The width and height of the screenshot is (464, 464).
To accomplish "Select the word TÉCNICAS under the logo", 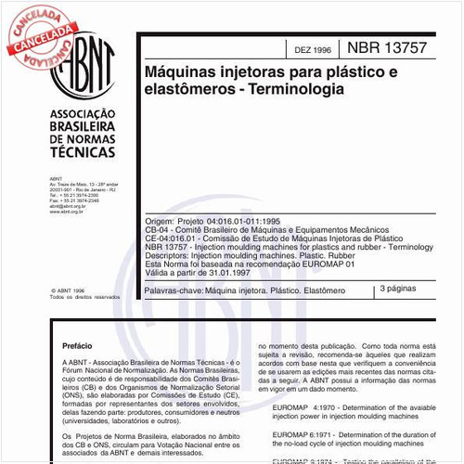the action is (x=80, y=158).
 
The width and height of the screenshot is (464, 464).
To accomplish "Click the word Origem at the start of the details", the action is (x=159, y=224).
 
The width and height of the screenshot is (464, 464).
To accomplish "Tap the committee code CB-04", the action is (x=158, y=232).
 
